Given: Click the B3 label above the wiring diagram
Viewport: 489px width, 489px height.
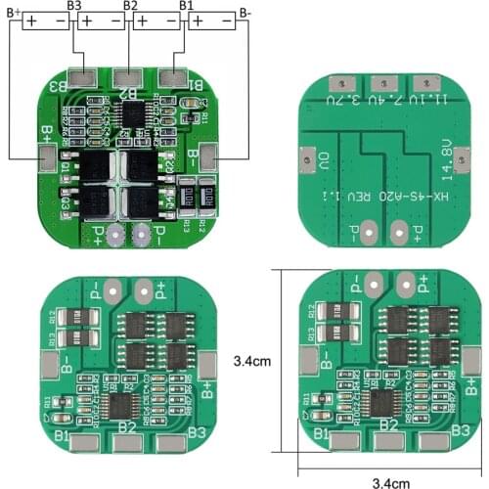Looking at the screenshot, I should (74, 6).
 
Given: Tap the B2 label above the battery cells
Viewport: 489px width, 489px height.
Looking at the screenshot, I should (130, 6).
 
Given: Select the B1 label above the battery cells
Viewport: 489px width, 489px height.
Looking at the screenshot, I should (186, 6).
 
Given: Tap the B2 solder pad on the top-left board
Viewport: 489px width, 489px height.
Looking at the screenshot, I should (125, 76).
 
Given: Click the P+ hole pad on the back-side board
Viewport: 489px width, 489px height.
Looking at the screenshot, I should (400, 233).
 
